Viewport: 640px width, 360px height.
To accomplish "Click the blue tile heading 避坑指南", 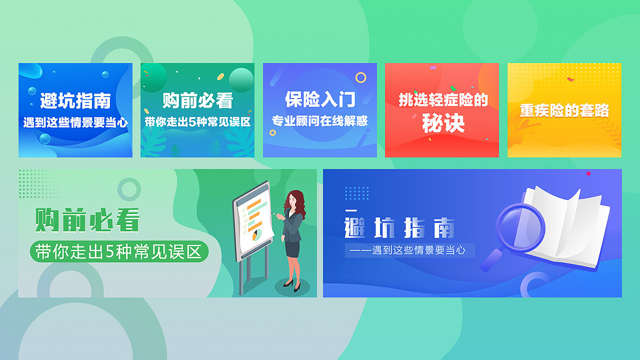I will (75, 101).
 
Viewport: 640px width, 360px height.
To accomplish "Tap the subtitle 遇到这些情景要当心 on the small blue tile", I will (75, 122).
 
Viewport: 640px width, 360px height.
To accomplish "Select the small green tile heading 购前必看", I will (197, 101).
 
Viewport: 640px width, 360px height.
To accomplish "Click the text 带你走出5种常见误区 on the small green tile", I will (197, 122).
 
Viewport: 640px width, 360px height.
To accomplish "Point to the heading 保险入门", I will (320, 99).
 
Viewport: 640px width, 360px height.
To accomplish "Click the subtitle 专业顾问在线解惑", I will (320, 121).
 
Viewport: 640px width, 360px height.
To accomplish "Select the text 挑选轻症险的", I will (443, 100).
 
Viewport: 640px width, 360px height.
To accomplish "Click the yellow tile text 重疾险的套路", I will (564, 110).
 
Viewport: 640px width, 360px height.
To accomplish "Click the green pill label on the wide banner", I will (119, 252).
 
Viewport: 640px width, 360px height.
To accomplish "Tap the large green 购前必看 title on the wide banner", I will (87, 220).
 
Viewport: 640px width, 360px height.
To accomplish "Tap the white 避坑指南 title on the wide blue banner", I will (400, 228).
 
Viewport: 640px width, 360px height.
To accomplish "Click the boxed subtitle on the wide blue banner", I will (409, 250).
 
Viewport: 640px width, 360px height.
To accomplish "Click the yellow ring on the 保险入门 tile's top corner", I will (360, 77).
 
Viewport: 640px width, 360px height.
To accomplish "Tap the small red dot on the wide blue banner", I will (588, 173).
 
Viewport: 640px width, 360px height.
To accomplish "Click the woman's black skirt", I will (292, 248).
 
